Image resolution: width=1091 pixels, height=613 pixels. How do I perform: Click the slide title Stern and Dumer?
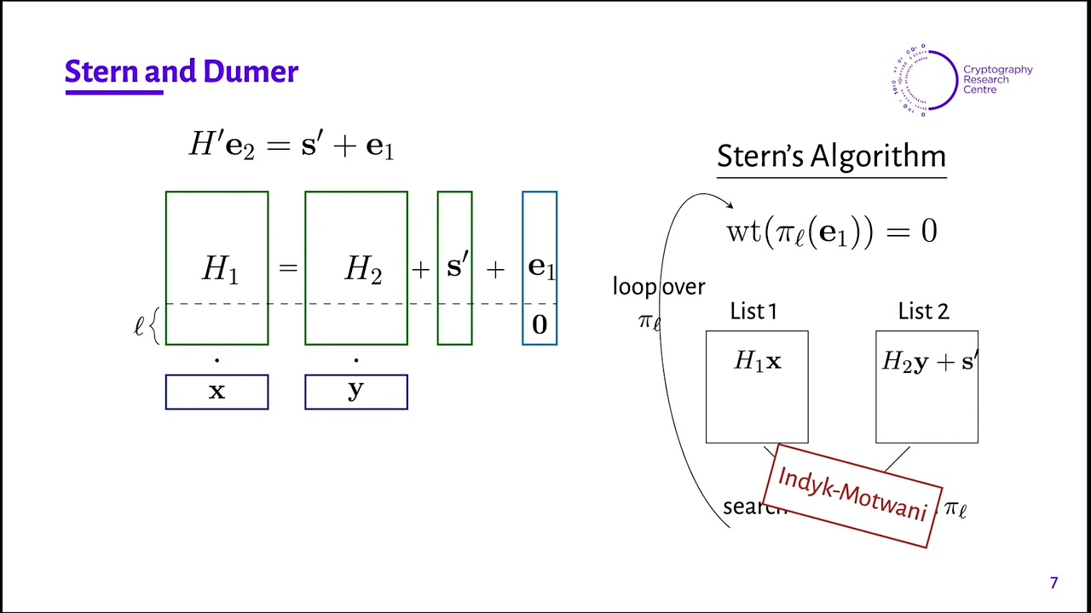tap(181, 72)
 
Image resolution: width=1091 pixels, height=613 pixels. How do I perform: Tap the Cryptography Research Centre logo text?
tap(997, 80)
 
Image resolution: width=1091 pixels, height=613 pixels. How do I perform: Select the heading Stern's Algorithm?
tap(831, 157)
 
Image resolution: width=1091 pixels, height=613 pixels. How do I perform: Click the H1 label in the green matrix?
tap(220, 269)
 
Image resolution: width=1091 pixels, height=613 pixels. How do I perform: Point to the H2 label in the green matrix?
tap(363, 269)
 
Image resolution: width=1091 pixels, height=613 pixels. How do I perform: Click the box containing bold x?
tap(216, 392)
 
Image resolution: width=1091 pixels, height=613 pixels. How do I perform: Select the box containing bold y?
tap(355, 392)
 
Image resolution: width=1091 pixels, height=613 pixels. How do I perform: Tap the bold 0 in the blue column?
tap(540, 324)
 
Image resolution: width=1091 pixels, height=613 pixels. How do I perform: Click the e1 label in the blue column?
tap(541, 266)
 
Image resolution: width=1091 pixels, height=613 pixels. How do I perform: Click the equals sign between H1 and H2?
tap(287, 269)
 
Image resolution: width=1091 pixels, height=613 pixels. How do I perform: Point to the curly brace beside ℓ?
tap(154, 327)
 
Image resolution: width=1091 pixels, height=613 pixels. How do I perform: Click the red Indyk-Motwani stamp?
tap(852, 495)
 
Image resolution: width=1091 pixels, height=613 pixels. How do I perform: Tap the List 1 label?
tap(753, 312)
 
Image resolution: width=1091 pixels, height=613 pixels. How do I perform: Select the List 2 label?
tap(923, 312)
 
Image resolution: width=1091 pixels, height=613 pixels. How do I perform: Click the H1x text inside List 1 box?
tap(757, 362)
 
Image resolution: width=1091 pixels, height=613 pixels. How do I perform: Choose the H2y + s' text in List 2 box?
tap(927, 362)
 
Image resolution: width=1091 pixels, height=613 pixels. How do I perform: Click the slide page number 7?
tap(1053, 583)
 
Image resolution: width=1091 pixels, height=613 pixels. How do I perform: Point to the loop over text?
tap(659, 287)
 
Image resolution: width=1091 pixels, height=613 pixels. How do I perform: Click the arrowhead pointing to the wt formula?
tap(729, 204)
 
